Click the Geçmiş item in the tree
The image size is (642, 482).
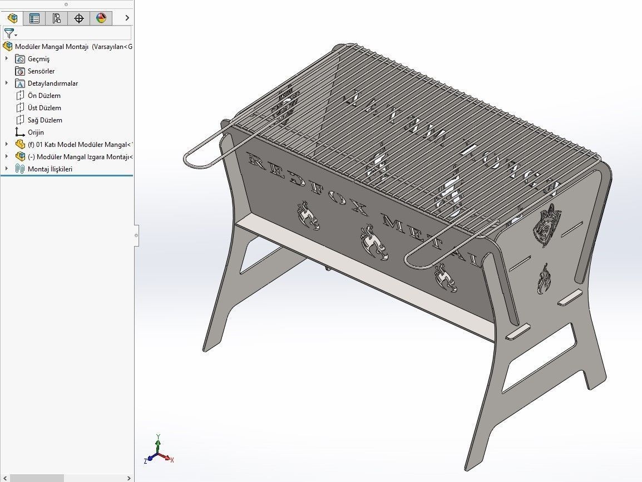click(38, 59)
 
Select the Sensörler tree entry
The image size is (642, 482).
click(41, 71)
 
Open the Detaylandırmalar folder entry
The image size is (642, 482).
click(52, 83)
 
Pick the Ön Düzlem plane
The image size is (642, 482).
click(44, 96)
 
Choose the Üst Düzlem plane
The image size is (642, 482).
click(44, 108)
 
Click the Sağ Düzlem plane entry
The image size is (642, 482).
click(45, 120)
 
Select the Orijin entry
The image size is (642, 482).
click(36, 132)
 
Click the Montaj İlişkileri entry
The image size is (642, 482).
click(50, 169)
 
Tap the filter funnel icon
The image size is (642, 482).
click(9, 33)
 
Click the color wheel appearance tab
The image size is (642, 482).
click(101, 18)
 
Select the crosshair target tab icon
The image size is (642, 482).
click(79, 18)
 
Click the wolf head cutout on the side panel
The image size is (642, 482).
click(547, 225)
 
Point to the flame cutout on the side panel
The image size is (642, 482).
click(543, 278)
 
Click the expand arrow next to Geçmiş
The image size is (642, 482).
click(7, 59)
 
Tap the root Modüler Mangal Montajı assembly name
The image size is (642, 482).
click(52, 47)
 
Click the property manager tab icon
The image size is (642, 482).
click(34, 18)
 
